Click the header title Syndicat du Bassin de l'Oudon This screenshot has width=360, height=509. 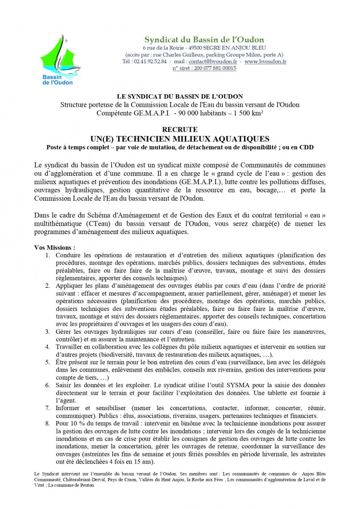pos(204,39)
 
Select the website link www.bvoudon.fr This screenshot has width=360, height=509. pos(265,62)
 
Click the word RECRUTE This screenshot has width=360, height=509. pos(180,129)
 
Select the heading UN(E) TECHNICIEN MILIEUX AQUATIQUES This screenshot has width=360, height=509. pos(180,138)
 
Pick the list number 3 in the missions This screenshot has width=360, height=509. pos(47,331)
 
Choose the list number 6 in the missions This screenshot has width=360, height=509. pos(47,385)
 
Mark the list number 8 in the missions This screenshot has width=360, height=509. pos(47,423)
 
